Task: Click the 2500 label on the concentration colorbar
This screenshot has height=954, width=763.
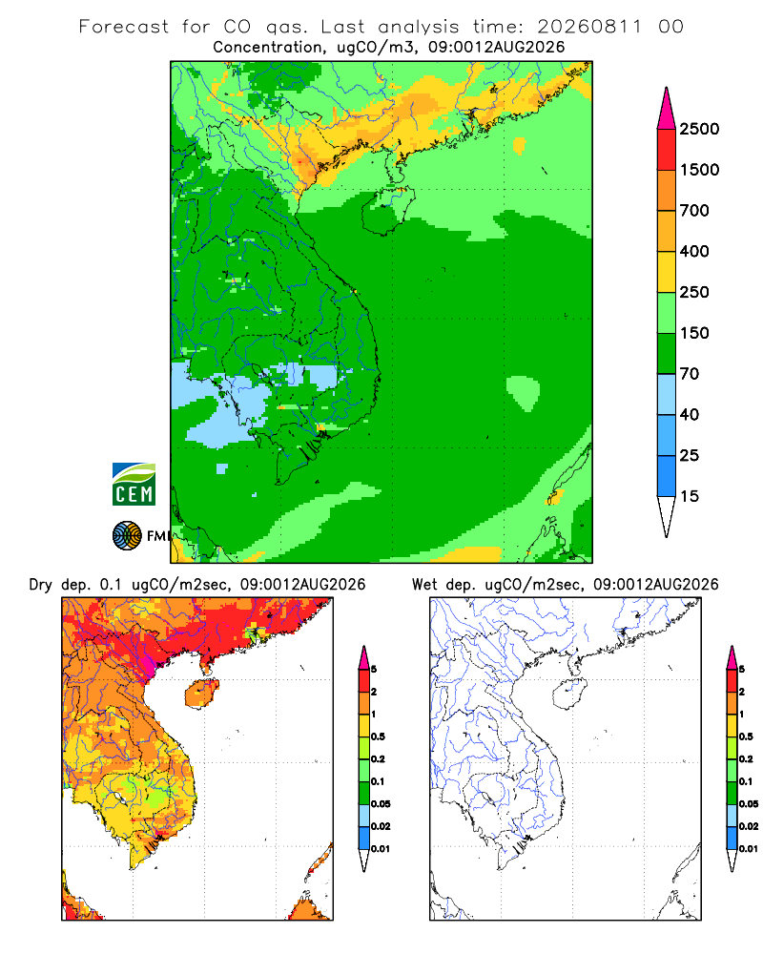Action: click(699, 129)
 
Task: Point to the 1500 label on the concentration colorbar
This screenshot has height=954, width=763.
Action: click(699, 170)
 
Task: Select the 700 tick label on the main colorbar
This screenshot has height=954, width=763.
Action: click(694, 211)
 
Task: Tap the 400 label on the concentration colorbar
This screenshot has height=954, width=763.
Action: click(694, 251)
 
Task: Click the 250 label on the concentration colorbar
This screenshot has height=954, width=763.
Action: click(694, 292)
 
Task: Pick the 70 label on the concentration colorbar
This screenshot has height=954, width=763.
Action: click(690, 374)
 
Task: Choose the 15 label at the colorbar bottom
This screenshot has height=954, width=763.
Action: click(690, 496)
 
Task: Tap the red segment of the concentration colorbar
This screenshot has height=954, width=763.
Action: click(667, 149)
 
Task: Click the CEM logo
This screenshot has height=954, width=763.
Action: click(134, 485)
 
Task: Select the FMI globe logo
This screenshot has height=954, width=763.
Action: click(127, 536)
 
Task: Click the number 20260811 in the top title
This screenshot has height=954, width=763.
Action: click(589, 27)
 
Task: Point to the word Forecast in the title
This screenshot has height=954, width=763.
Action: click(124, 27)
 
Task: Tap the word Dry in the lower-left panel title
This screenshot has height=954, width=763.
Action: click(40, 585)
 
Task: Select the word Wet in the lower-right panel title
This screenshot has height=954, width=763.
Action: click(424, 585)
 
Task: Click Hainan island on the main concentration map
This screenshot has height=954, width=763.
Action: click(388, 210)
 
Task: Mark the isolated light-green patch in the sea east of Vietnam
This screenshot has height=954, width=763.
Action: click(523, 392)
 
